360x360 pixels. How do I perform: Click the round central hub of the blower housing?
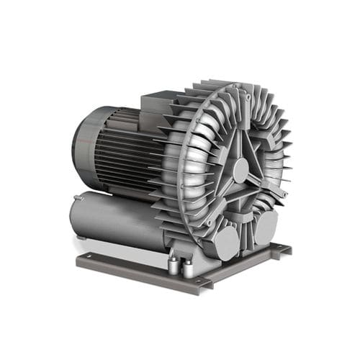pyautogui.click(x=240, y=170)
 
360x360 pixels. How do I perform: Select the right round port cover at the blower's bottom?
pyautogui.click(x=264, y=225)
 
